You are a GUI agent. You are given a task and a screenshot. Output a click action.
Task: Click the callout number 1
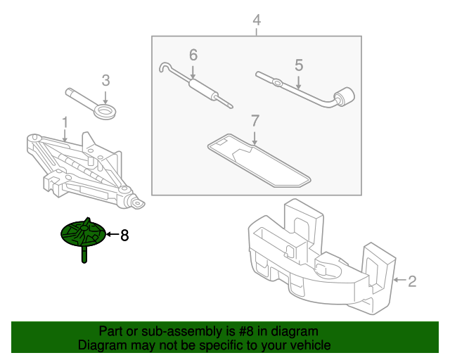pyautogui.click(x=65, y=123)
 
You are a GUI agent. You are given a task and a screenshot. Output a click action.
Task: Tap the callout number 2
pyautogui.click(x=412, y=282)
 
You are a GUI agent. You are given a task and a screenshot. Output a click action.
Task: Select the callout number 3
pyautogui.click(x=105, y=80)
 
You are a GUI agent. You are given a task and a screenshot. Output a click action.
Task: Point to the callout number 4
pyautogui.click(x=257, y=20)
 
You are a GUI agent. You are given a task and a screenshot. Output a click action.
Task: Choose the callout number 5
pyautogui.click(x=299, y=65)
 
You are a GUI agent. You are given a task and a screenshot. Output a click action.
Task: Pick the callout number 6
pyautogui.click(x=193, y=55)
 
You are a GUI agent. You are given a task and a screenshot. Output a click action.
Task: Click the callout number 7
pyautogui.click(x=255, y=120)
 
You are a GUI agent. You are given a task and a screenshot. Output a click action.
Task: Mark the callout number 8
pyautogui.click(x=124, y=236)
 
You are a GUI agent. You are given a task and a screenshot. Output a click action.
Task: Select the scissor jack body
pyautogui.click(x=77, y=169)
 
